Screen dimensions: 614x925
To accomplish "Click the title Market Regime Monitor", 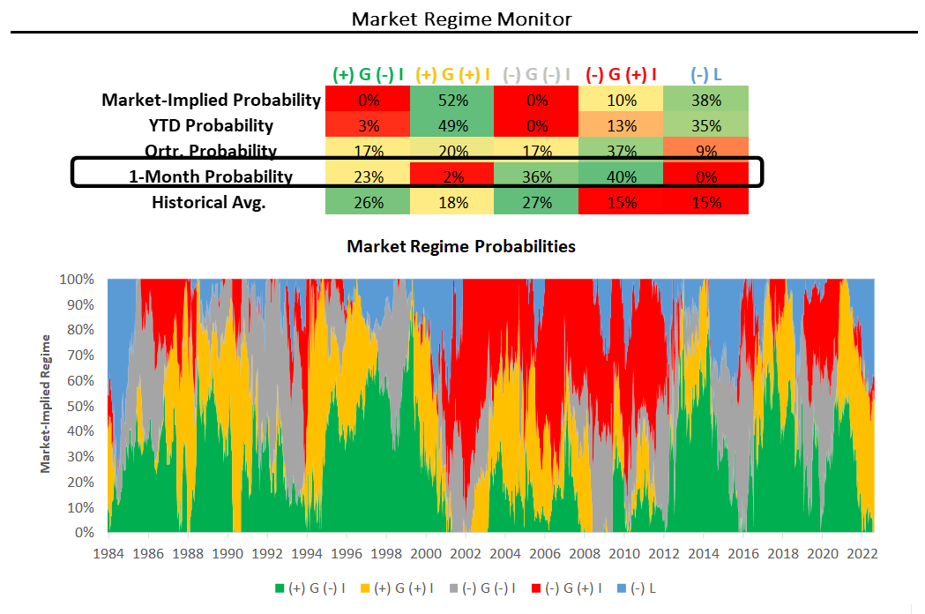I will [x=462, y=19].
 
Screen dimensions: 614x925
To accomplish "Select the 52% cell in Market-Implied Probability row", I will [x=452, y=100].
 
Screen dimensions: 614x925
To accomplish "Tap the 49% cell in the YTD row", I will [x=452, y=125].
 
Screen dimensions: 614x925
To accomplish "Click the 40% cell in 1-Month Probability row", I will [x=622, y=176].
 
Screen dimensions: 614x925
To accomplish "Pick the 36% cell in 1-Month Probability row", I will [x=537, y=176].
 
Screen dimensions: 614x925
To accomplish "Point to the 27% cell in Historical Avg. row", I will [x=537, y=202].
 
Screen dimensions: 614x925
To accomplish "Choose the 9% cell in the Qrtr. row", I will [x=706, y=151].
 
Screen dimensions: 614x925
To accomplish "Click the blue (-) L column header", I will [x=706, y=74].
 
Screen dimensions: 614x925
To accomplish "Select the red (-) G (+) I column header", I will [x=622, y=74].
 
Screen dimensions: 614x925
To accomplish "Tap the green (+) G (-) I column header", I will [x=368, y=74].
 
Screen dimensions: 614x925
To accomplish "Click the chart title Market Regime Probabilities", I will [x=461, y=246].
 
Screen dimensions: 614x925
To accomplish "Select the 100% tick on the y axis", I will [x=78, y=280].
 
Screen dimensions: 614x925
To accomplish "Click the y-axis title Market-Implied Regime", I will [x=45, y=403].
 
